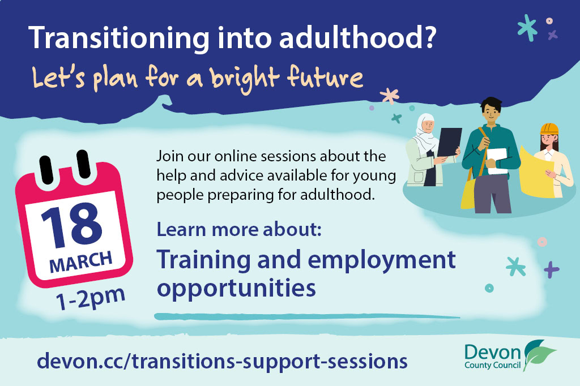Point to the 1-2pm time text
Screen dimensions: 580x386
coord(91,298)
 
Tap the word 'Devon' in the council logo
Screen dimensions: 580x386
coord(493,352)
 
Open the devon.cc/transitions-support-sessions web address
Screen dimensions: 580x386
coord(222,361)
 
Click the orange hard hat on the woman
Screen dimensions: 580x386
coord(549,128)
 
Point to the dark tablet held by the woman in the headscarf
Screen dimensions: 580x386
coord(449,141)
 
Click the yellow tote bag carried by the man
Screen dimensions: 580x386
coord(468,192)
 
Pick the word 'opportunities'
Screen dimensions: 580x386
coord(236,289)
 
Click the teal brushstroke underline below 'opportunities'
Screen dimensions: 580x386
coord(307,316)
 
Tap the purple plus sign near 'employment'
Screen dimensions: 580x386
coord(551,269)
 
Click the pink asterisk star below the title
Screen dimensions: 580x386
coord(390,96)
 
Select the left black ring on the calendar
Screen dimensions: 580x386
coord(46,170)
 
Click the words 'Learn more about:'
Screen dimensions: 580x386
coord(239,229)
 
